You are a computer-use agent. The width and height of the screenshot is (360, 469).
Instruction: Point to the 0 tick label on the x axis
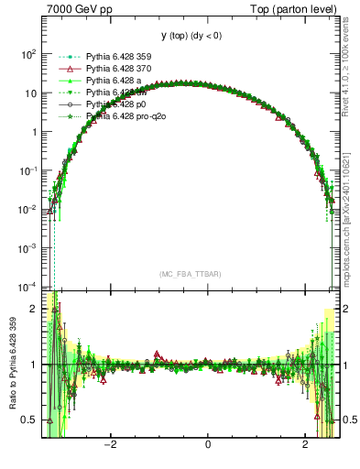coord(208,444)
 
